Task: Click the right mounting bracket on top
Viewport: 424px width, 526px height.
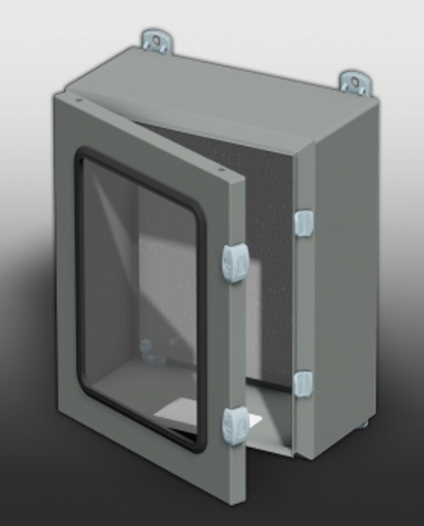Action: (x=355, y=81)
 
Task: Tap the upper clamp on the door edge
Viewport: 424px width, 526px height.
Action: (x=235, y=263)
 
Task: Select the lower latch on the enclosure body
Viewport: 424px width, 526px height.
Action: (x=303, y=383)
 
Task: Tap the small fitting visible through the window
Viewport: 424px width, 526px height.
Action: (x=149, y=348)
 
